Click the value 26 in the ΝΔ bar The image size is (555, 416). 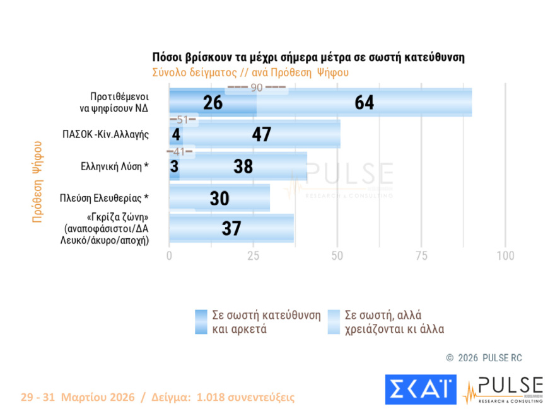click(213, 103)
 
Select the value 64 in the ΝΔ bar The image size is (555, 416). click(364, 103)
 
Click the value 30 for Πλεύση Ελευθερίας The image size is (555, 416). click(219, 199)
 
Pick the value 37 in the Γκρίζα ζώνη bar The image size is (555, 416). click(231, 228)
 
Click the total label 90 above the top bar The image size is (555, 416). click(257, 88)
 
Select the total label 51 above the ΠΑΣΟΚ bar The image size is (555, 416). click(184, 120)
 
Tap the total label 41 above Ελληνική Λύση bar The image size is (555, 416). click(180, 152)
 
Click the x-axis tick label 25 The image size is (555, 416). click(253, 256)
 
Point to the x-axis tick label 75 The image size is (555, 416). click(421, 256)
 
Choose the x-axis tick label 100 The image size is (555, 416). click(505, 256)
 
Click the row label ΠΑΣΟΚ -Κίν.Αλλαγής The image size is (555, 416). click(105, 134)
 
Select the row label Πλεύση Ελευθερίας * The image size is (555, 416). click(104, 198)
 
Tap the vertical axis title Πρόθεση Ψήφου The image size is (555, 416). click(37, 182)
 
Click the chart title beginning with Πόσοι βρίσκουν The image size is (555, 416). click(308, 57)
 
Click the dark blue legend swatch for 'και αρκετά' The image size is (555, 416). click(201, 321)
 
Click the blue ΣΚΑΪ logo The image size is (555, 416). click(420, 390)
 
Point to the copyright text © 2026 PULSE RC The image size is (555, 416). click(484, 358)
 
